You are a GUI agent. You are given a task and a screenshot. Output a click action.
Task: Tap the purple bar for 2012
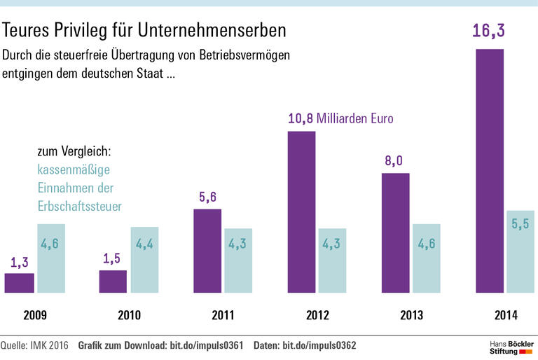pyautogui.click(x=302, y=212)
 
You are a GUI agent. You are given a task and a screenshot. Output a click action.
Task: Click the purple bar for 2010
pyautogui.click(x=113, y=281)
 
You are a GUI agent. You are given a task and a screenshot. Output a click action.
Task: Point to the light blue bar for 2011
pyautogui.click(x=238, y=260)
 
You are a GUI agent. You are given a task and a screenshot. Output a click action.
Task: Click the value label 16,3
pyautogui.click(x=490, y=32)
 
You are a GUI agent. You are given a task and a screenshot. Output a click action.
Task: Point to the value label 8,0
pyautogui.click(x=394, y=161)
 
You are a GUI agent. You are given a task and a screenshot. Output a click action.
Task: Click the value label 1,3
pyautogui.click(x=19, y=263)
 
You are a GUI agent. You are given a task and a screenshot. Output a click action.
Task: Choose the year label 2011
pyautogui.click(x=223, y=316)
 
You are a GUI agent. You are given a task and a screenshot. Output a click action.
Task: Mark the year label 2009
pyautogui.click(x=35, y=316)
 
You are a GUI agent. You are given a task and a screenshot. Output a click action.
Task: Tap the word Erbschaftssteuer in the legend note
pyautogui.click(x=80, y=206)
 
